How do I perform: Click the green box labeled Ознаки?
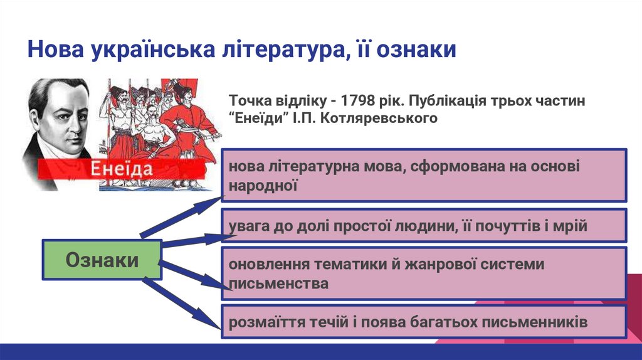[x=102, y=260]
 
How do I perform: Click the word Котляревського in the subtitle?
[x=378, y=118]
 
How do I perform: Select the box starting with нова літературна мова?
[x=424, y=175]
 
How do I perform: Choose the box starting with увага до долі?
[x=424, y=226]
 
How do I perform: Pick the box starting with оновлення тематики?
[x=424, y=273]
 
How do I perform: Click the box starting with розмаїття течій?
[x=424, y=322]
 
